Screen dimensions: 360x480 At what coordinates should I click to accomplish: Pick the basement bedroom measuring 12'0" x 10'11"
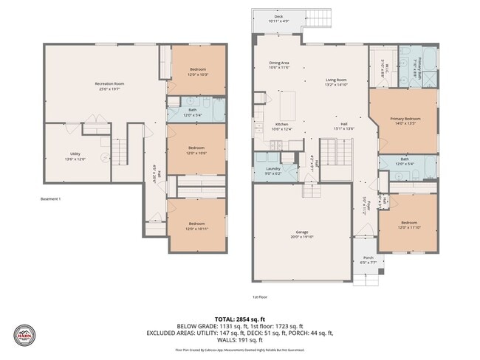click(196, 226)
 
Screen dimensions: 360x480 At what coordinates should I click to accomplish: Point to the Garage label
click(302, 233)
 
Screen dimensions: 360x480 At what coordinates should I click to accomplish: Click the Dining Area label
click(278, 65)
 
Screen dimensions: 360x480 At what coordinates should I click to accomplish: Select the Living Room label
click(337, 82)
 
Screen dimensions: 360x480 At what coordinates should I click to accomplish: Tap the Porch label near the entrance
click(367, 260)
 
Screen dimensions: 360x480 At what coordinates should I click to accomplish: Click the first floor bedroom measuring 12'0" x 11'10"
click(408, 225)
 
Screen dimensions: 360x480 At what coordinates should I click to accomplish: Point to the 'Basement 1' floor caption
click(50, 199)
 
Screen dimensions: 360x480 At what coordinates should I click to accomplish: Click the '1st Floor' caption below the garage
click(259, 297)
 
